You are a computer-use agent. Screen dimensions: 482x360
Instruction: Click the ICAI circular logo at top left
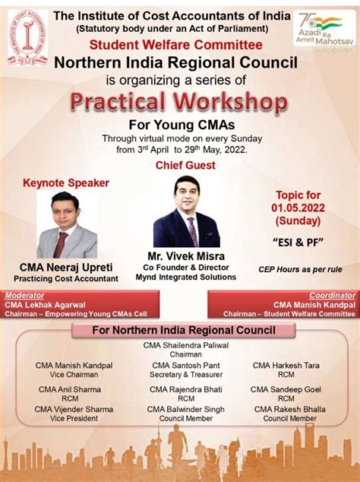click(x=27, y=36)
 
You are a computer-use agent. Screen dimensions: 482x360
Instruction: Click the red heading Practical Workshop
click(x=179, y=101)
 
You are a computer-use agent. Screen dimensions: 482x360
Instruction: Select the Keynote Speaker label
click(x=66, y=182)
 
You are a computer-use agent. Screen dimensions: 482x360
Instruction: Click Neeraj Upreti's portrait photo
click(x=67, y=225)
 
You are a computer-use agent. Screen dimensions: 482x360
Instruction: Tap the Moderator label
click(x=24, y=295)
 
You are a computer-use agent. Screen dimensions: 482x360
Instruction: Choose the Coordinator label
click(x=332, y=295)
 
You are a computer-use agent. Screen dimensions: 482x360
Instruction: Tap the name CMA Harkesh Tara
click(x=285, y=366)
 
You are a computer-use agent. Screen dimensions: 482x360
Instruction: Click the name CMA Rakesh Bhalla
click(x=289, y=409)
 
